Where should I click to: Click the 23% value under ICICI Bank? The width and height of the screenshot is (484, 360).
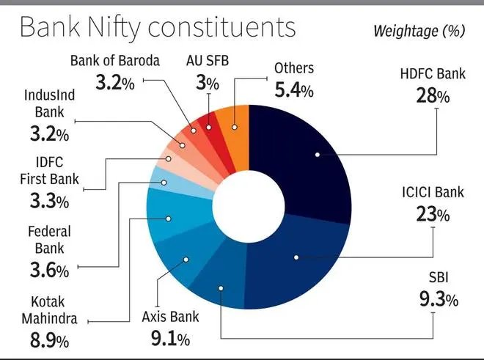pyautogui.click(x=432, y=214)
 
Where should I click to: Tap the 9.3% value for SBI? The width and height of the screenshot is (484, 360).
pyautogui.click(x=439, y=299)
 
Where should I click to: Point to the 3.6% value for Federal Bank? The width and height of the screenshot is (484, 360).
pyautogui.click(x=49, y=271)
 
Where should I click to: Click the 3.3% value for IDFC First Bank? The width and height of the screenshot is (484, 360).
pyautogui.click(x=50, y=200)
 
